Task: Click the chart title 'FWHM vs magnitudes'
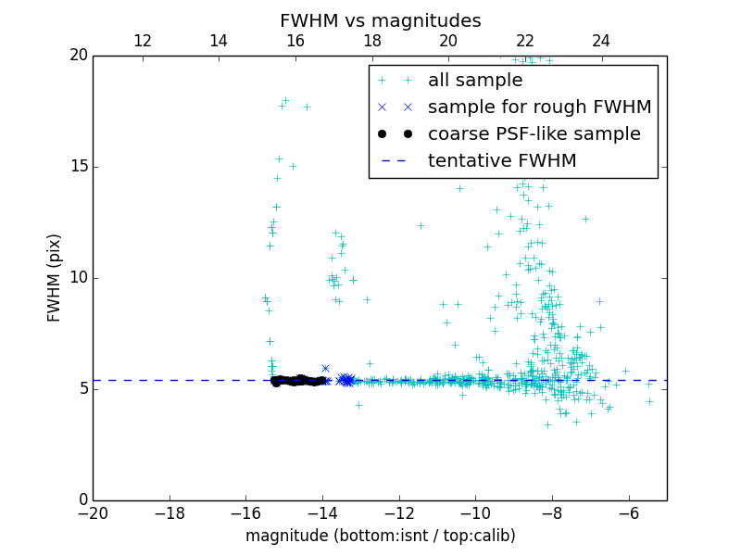tap(380, 20)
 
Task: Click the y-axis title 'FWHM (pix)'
tap(55, 278)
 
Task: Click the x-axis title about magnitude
tap(380, 536)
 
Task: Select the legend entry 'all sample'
tap(475, 81)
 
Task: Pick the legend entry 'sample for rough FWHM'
tap(539, 107)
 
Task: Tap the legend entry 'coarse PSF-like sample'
tap(534, 134)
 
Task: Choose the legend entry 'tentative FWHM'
tap(502, 161)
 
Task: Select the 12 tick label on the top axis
tap(143, 41)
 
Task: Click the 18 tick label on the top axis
tap(371, 41)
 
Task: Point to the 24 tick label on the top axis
tap(601, 41)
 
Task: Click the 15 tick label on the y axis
tap(77, 167)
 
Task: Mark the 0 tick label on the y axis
tap(82, 500)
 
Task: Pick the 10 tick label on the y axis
tap(77, 278)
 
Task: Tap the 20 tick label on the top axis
tap(448, 41)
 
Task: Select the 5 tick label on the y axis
tap(82, 389)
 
